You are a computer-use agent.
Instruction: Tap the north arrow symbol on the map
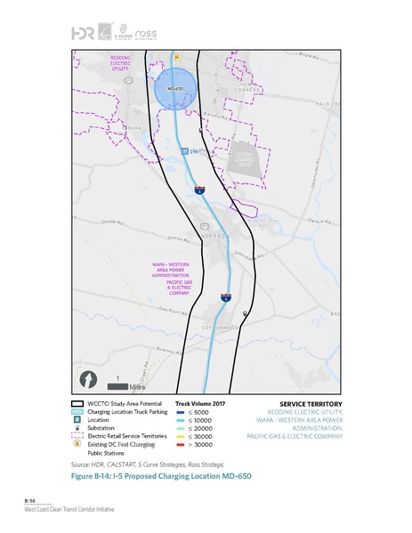(x=88, y=379)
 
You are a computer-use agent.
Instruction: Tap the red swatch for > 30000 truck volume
(x=180, y=445)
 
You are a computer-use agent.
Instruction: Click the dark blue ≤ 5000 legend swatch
(x=180, y=413)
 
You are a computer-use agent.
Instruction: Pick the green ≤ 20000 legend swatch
(x=180, y=429)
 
